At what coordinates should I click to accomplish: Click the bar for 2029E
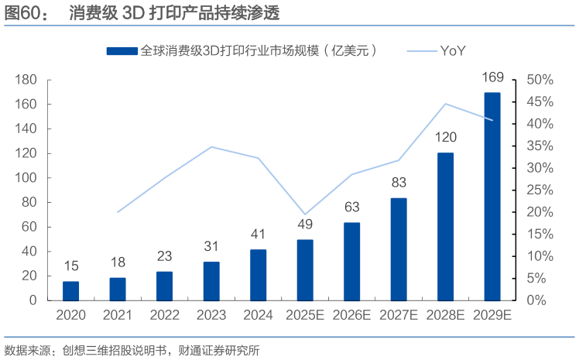coord(492,196)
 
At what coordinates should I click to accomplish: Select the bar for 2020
coord(71,290)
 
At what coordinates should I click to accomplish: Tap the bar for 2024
coord(259,275)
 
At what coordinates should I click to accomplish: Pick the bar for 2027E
coord(399,249)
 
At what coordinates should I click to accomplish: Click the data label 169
coord(492,77)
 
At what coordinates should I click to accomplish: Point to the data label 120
coord(445,138)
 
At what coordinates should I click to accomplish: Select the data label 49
coord(305,225)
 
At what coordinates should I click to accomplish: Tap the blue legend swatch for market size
coord(122,51)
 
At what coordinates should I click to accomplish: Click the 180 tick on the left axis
coord(28,80)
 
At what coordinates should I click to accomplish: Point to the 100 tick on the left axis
coord(28,177)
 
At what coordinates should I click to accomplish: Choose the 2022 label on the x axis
coord(165,315)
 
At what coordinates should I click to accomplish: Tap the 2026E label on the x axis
coord(352,315)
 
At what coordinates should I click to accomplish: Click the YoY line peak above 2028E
coord(446,104)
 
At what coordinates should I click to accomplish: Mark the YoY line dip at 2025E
coord(305,214)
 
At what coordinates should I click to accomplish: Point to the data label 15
coord(71,266)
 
